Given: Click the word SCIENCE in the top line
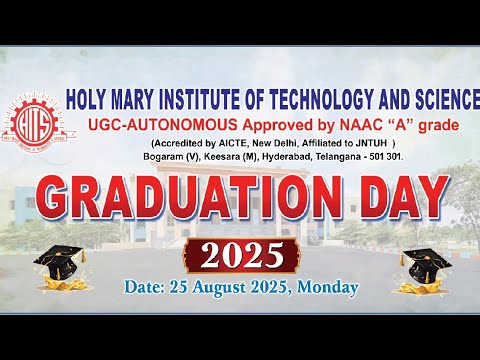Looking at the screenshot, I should pyautogui.click(x=439, y=99).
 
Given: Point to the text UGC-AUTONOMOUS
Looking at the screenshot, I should pyautogui.click(x=153, y=124).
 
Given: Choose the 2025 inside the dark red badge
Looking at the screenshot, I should pyautogui.click(x=241, y=257).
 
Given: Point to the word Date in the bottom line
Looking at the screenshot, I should pyautogui.click(x=146, y=288).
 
